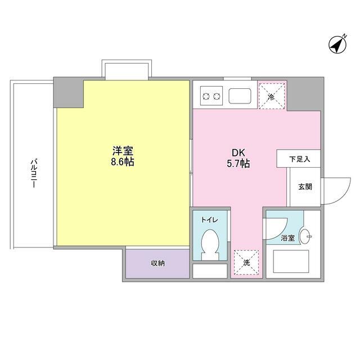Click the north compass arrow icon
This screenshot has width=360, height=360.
338,44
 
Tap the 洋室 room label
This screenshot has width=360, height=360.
122,151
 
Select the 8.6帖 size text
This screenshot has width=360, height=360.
122,162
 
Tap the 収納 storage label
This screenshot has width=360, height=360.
157,263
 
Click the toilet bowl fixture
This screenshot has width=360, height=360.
210,243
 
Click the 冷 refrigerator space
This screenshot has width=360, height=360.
272,95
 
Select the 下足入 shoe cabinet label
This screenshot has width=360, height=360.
300,159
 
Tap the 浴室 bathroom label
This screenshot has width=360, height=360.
287,238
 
